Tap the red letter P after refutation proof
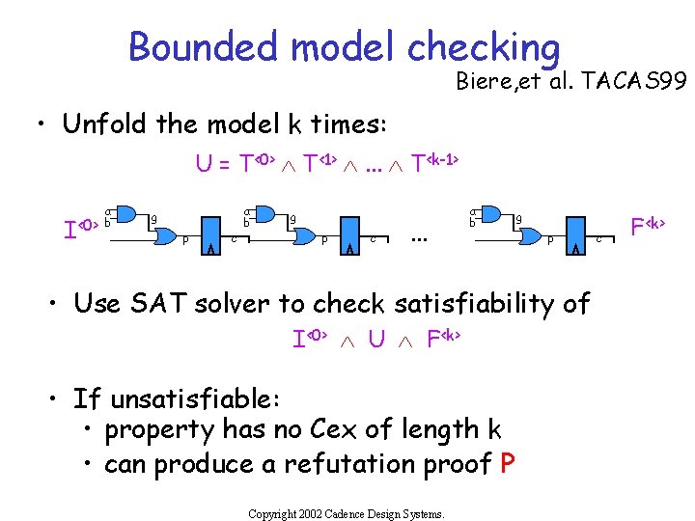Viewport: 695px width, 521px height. (x=508, y=464)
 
